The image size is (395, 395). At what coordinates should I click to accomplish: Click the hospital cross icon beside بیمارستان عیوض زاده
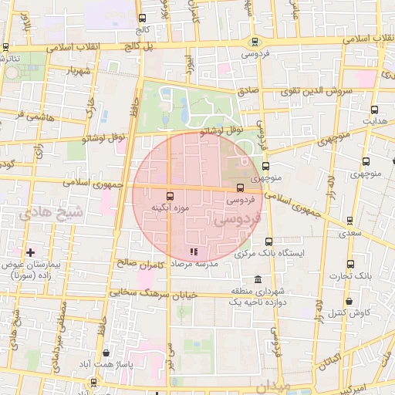pyautogui.click(x=30, y=252)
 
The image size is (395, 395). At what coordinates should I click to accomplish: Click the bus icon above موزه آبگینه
pyautogui.click(x=170, y=196)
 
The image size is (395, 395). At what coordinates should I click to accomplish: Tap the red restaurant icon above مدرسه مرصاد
pyautogui.click(x=193, y=252)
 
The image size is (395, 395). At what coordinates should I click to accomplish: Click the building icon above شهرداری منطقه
pyautogui.click(x=256, y=279)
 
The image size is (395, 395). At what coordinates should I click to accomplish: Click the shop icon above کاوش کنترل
pyautogui.click(x=350, y=301)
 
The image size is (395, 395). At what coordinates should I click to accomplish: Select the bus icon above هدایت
pyautogui.click(x=375, y=110)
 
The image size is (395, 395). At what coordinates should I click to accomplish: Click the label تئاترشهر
pyautogui.click(x=15, y=58)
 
